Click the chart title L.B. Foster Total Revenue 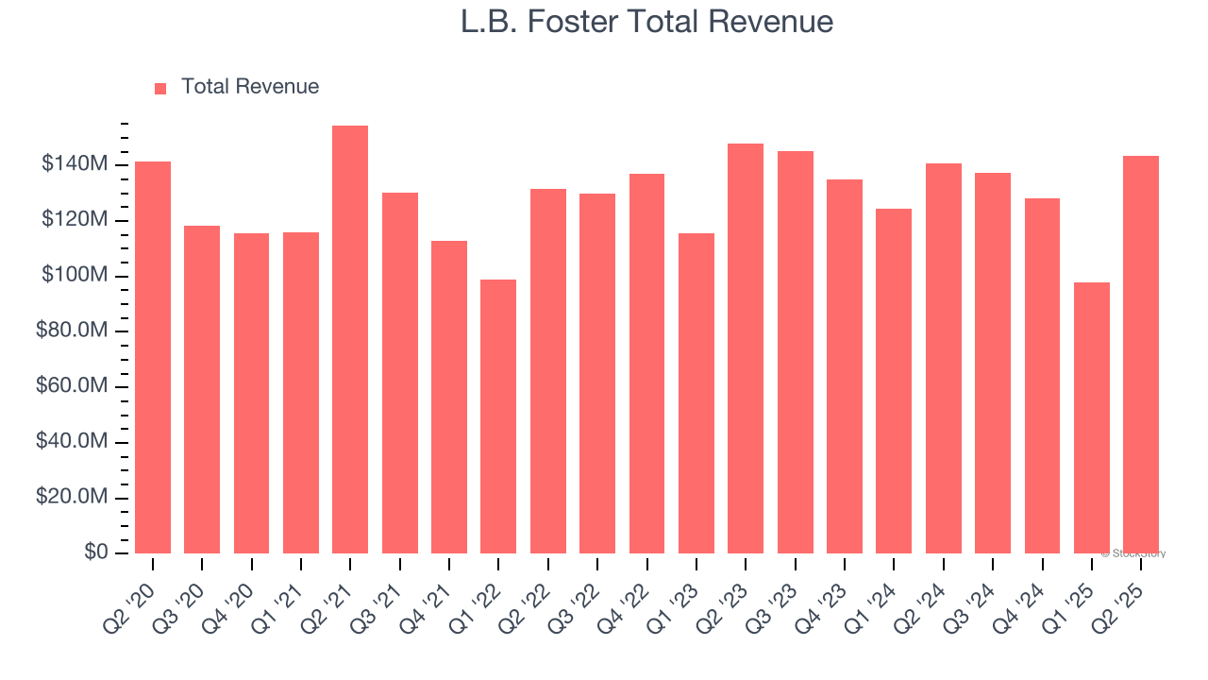646,23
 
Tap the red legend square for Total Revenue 160,88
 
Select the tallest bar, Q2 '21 350,340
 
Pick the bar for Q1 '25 1092,417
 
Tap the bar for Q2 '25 1141,354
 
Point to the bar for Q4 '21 449,397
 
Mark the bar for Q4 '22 646,364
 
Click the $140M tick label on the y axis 74,165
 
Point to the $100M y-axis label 74,276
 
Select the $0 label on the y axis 95,552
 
